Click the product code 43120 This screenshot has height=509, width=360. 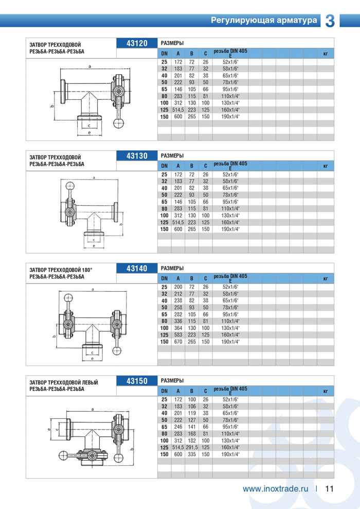point(137,43)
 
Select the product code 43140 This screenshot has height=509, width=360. point(137,268)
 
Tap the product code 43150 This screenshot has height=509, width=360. point(137,381)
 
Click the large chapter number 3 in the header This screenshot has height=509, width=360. point(330,20)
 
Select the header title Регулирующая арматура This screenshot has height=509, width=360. point(264,21)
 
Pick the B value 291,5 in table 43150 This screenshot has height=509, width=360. point(192,448)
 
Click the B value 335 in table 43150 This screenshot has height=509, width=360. point(192,454)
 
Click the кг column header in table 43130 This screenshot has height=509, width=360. point(325,166)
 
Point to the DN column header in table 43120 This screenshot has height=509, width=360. point(164,54)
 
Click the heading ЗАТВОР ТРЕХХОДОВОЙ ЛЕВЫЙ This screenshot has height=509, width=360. point(64,382)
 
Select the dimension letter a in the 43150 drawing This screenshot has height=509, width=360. point(92,409)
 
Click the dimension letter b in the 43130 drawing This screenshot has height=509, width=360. point(120,224)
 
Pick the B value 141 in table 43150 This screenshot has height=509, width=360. point(192,427)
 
